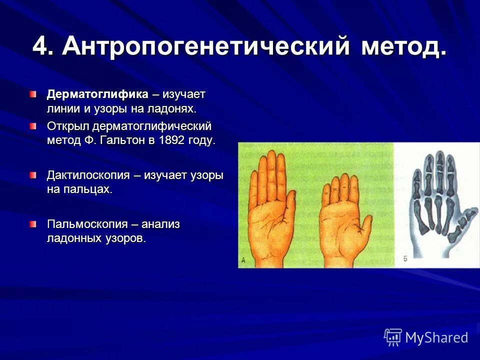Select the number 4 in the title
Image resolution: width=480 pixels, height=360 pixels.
(x=42, y=47)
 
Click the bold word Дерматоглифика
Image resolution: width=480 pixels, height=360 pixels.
(x=97, y=94)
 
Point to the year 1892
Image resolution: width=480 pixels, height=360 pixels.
(x=173, y=140)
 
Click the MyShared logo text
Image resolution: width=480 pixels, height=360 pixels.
(x=436, y=337)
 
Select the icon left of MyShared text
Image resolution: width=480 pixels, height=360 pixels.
(x=392, y=337)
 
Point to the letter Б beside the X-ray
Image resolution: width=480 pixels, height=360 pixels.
(x=405, y=259)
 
